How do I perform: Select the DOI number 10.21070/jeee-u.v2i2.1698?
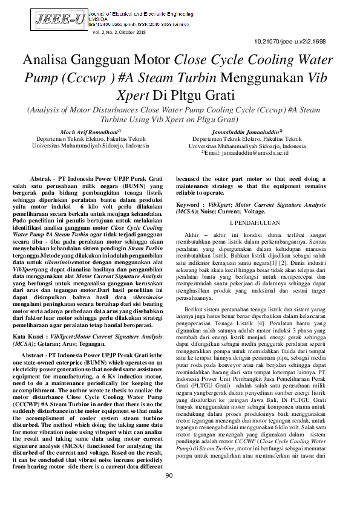coord(290,41)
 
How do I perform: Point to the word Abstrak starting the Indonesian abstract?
coord(40,180)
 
